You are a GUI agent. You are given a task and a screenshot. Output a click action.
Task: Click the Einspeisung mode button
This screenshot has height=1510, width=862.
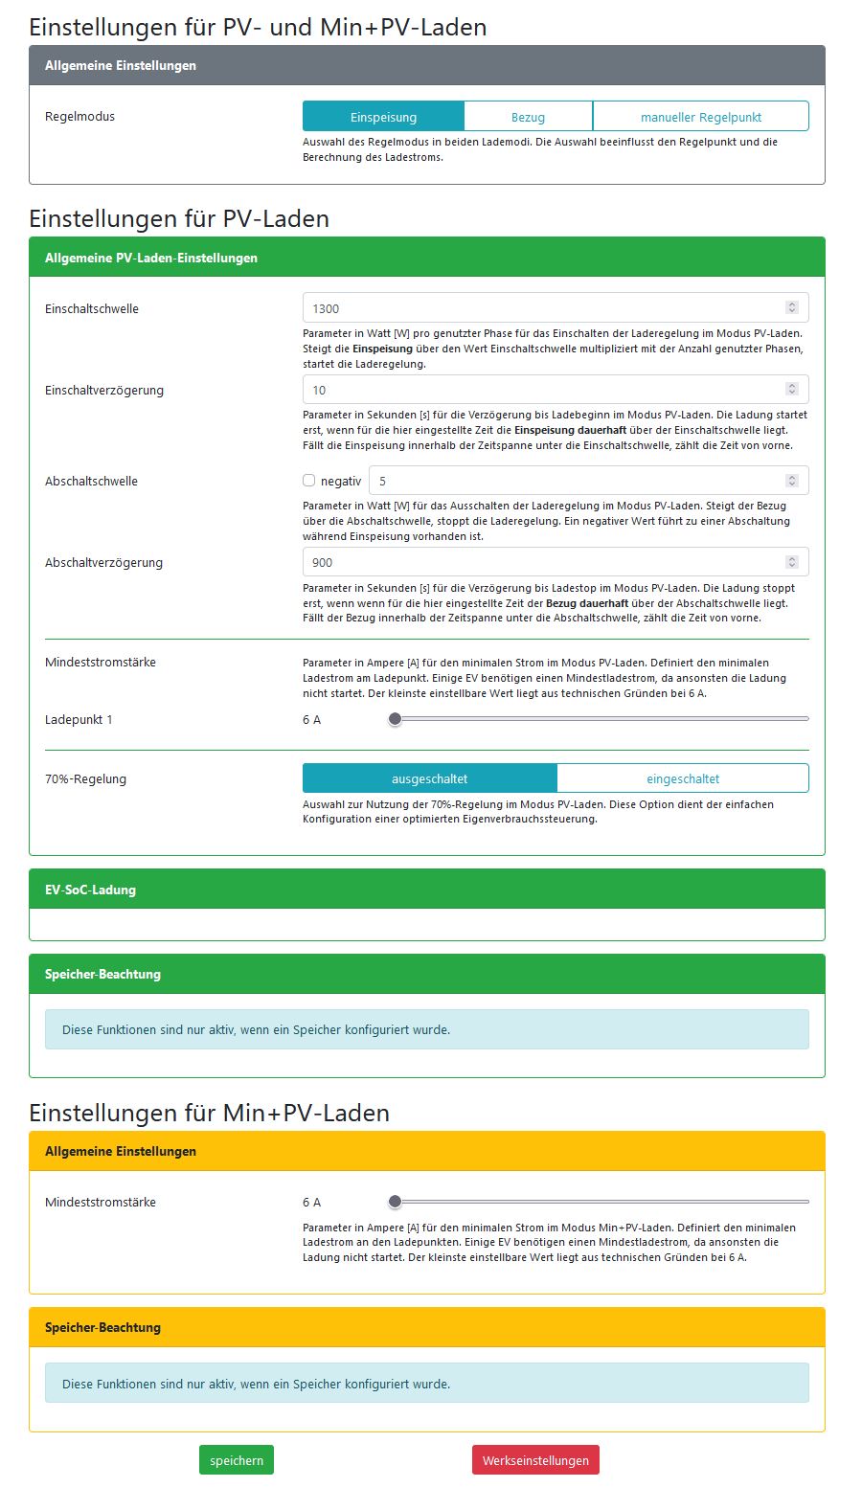pos(383,117)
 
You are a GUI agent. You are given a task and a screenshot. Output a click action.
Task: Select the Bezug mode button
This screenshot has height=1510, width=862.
pos(528,117)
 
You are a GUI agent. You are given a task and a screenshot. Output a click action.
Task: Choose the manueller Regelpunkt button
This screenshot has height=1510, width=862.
pos(700,117)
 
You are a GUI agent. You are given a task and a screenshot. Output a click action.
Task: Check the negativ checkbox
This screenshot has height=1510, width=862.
pos(309,481)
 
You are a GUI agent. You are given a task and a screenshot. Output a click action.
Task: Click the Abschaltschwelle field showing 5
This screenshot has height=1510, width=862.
pos(575,481)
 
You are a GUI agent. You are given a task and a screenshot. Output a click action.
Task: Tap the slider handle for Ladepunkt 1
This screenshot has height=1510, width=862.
pos(395,719)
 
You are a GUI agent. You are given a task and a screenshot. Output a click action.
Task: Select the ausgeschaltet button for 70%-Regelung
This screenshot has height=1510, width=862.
pos(429,778)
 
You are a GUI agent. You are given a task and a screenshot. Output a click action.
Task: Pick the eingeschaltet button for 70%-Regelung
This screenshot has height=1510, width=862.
pos(682,778)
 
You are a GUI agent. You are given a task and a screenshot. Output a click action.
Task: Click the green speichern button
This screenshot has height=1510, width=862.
pos(237,1460)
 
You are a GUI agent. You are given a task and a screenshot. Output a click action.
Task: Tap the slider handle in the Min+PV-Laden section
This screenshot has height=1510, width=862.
pos(395,1202)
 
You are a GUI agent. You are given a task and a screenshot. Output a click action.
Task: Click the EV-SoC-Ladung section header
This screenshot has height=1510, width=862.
pos(426,890)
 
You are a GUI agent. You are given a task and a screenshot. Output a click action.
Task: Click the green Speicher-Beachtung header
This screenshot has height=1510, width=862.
pos(426,974)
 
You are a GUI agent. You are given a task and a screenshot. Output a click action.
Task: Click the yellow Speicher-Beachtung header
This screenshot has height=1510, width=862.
pos(426,1327)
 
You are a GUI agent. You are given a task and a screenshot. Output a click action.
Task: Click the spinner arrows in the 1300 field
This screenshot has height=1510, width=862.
pos(791,308)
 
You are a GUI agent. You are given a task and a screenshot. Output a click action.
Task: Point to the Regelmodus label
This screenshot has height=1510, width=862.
pos(79,117)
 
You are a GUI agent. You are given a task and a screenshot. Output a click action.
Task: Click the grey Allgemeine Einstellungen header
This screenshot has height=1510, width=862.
pos(426,65)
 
